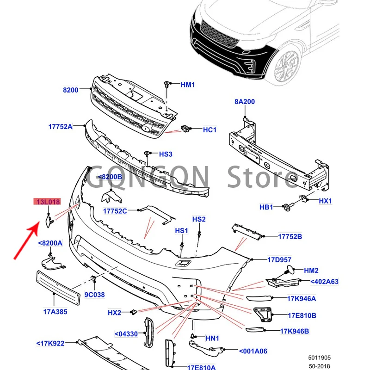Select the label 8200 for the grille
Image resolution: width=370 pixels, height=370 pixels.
click(71, 90)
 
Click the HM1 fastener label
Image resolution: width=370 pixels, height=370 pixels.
click(188, 85)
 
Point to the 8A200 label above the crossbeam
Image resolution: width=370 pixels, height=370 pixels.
click(244, 102)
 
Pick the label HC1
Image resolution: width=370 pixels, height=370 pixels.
click(210, 130)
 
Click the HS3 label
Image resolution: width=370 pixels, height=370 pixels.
click(166, 154)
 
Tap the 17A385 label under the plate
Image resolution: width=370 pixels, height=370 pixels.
click(55, 312)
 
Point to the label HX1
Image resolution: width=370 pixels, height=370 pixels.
click(326, 201)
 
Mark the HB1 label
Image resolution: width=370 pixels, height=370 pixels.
click(266, 207)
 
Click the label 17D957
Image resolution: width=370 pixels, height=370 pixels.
click(280, 259)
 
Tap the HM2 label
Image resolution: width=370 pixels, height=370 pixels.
click(311, 271)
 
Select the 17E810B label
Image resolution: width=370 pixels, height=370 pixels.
click(302, 316)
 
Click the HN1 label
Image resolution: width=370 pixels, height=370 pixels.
click(213, 339)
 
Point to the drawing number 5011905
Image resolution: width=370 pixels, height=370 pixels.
click(320, 358)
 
